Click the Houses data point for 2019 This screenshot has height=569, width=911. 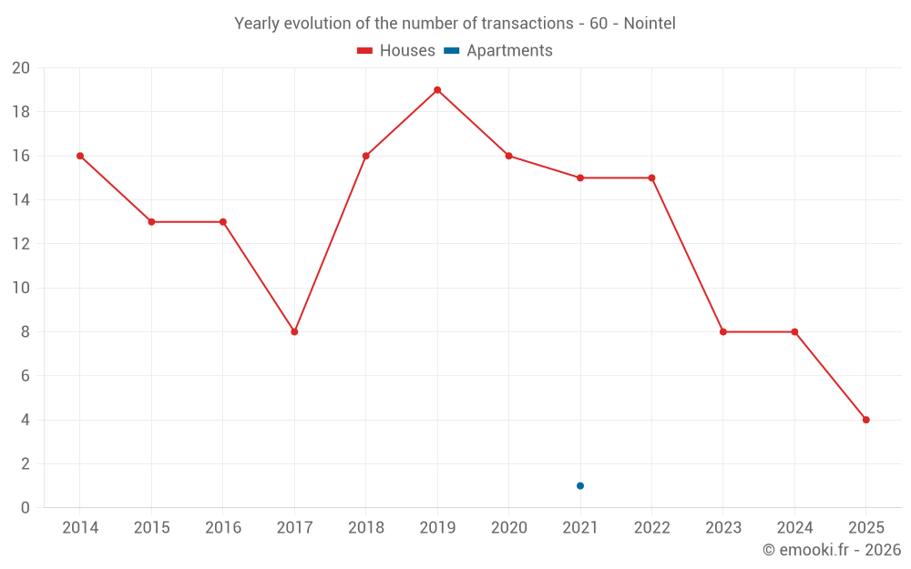(437, 90)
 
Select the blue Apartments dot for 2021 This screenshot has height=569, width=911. (580, 485)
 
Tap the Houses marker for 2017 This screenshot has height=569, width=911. (294, 331)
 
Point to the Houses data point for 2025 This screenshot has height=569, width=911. (865, 420)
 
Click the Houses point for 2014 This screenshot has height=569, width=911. (80, 156)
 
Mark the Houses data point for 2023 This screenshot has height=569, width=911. (723, 331)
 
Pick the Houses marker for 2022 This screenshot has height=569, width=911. (651, 178)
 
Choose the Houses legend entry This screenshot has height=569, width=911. (396, 51)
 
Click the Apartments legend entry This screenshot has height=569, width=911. (498, 51)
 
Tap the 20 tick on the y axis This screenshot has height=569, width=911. (21, 68)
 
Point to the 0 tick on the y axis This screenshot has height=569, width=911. (26, 508)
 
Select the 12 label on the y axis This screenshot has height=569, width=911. (21, 244)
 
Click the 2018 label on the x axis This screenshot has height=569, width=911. (365, 528)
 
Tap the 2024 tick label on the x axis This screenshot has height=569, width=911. (794, 528)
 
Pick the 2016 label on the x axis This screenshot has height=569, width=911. (223, 528)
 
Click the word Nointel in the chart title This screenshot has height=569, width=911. (649, 24)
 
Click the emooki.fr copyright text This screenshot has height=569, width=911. (831, 550)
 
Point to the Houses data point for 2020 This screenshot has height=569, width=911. (508, 156)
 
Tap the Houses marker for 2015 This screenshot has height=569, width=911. (151, 222)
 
